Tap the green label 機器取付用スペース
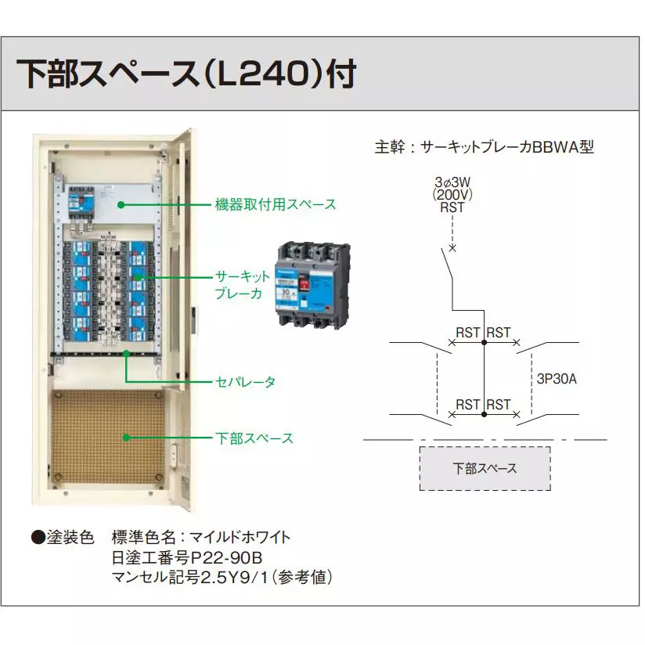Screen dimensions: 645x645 276,204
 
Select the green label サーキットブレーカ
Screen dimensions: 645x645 242,285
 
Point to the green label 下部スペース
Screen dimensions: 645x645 254,438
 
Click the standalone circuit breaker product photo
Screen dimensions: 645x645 311,283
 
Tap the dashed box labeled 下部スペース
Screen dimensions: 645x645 485,468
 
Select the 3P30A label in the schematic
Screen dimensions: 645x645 557,378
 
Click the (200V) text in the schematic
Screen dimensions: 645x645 452,195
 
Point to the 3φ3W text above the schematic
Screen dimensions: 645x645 452,182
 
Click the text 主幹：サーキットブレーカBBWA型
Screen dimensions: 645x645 485,146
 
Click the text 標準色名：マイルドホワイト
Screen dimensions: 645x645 201,537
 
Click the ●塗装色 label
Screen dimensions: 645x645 62,537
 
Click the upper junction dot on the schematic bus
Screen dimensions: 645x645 485,343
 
